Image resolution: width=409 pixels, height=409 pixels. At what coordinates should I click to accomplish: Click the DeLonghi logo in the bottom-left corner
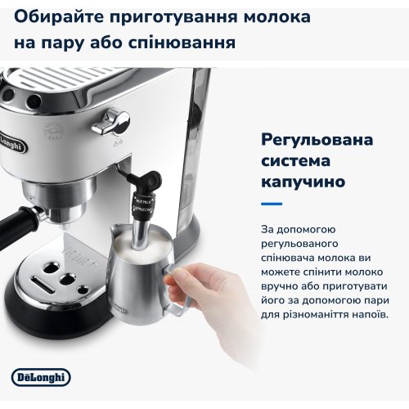[x=42, y=376]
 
